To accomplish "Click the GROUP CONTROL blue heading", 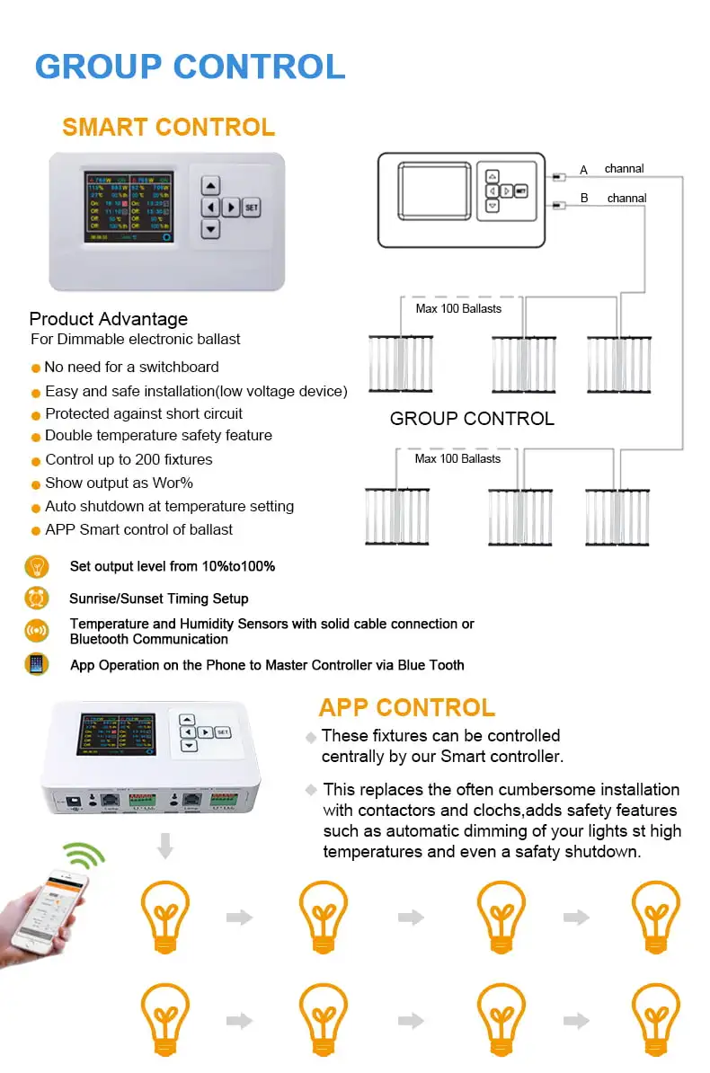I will click(190, 67).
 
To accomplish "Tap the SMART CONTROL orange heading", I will click(168, 127).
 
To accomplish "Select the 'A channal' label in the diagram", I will click(614, 169).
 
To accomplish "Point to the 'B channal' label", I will click(616, 198).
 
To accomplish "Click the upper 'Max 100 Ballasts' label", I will click(458, 308).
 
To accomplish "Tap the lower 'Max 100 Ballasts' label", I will click(458, 458).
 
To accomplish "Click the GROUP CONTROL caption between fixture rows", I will click(472, 418).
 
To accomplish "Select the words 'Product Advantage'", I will click(109, 319).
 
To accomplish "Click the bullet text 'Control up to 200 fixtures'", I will click(129, 459).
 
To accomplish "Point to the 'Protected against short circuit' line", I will click(144, 413).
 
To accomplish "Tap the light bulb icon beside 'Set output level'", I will click(37, 567).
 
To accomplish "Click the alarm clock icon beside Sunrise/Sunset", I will click(37, 599).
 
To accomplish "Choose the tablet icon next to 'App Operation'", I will click(37, 665).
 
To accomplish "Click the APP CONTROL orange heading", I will click(406, 707).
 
